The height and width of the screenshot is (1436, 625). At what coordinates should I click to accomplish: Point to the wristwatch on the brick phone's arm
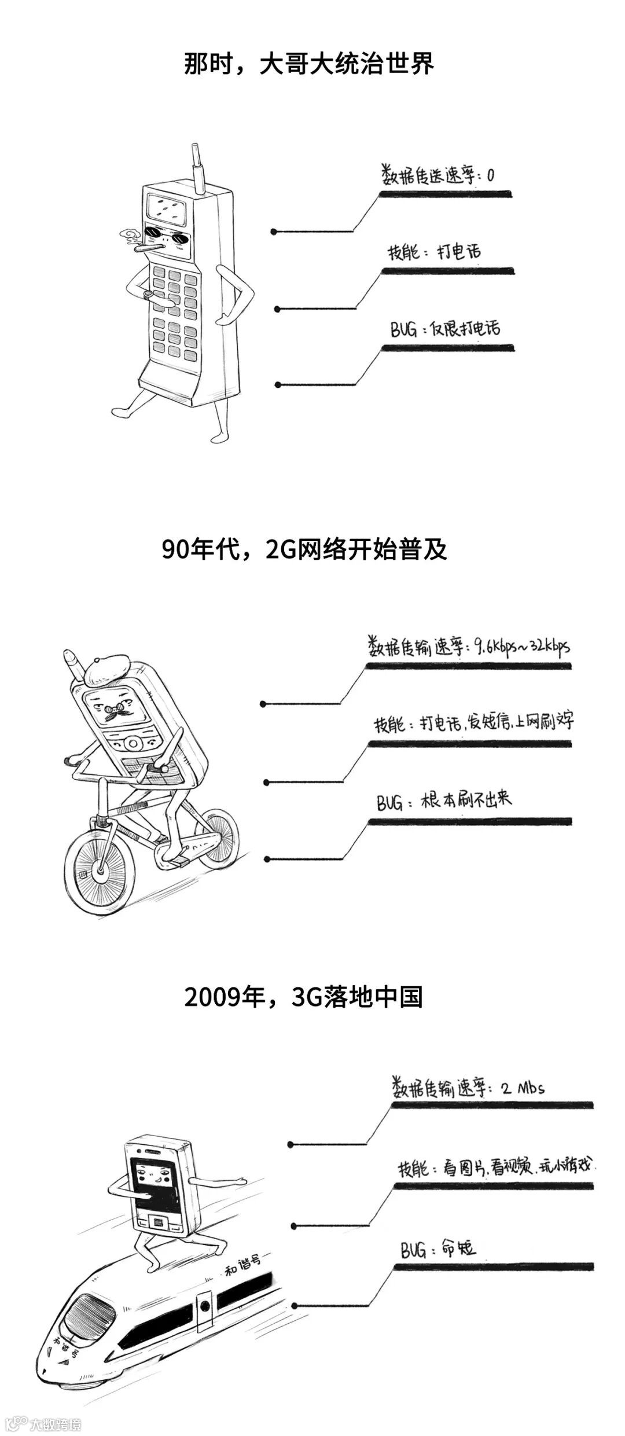149,294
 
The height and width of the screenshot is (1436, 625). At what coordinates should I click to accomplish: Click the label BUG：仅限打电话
444,329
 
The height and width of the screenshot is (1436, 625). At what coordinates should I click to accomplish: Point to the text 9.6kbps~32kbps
521,645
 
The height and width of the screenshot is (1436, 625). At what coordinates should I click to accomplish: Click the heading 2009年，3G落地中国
304,997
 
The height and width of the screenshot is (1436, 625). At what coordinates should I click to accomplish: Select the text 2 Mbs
522,1088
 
